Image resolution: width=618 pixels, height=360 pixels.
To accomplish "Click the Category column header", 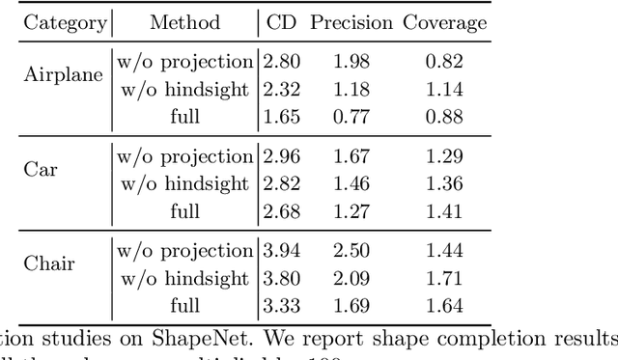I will point(66,22).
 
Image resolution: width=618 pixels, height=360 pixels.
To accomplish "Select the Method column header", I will point(185,22).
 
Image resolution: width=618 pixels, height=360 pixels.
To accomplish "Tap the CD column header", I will point(281,22).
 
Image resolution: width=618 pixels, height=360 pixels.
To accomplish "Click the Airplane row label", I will point(63,76).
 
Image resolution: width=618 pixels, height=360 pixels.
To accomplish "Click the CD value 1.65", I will point(281,117).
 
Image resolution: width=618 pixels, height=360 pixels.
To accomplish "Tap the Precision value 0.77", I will point(352,117).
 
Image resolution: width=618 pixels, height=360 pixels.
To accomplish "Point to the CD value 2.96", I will point(281,156).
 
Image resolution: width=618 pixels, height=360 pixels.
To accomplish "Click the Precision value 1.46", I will point(352,183).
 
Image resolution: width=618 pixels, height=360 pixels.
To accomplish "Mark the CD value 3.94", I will point(281,251).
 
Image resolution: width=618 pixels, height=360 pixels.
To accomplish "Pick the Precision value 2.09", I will point(352,278).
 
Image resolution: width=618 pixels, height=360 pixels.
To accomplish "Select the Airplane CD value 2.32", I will point(281,90).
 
